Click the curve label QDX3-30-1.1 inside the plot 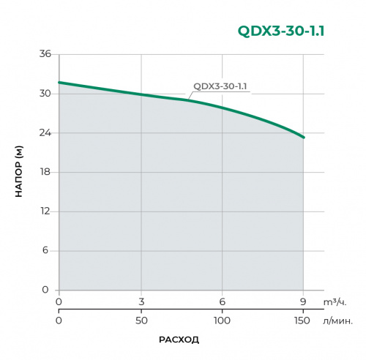(x=220, y=86)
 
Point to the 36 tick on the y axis (x=45, y=54)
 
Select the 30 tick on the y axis (x=45, y=94)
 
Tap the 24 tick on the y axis (x=45, y=133)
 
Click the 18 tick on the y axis (x=45, y=172)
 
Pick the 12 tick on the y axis (x=45, y=211)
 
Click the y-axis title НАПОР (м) (x=19, y=172)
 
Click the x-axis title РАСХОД (x=179, y=340)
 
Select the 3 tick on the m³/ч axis (x=141, y=301)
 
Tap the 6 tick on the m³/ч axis (x=222, y=301)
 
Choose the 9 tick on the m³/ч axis (x=304, y=301)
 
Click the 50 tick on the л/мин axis (x=141, y=320)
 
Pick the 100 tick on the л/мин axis (x=222, y=320)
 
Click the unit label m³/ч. (x=334, y=301)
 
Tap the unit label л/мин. (x=338, y=320)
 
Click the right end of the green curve (x=304, y=137)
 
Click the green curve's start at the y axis (x=59, y=82)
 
